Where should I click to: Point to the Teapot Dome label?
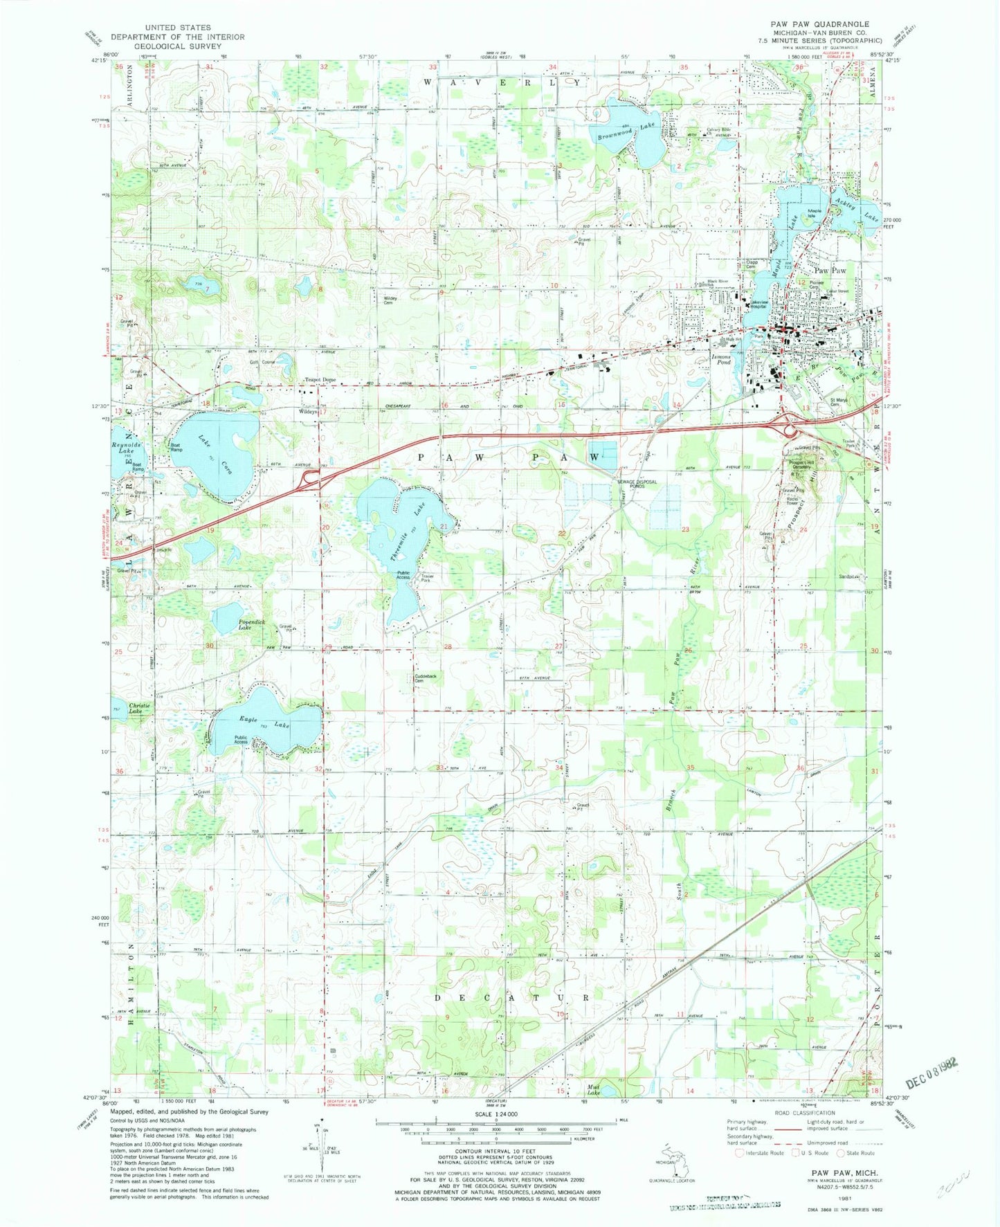click(x=320, y=380)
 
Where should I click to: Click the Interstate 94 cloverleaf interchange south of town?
click(x=788, y=426)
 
